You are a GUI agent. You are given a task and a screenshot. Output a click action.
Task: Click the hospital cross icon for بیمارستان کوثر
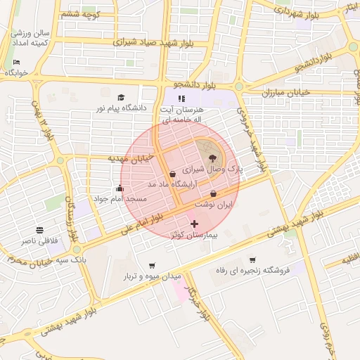tap(195, 223)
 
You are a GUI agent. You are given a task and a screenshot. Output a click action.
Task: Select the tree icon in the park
tap(213, 159)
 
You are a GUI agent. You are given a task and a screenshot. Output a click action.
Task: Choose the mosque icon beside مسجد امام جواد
tap(120, 188)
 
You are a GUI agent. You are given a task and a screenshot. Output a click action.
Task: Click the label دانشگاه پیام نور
tap(124, 108)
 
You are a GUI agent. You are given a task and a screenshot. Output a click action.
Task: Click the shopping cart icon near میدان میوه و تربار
tap(152, 265)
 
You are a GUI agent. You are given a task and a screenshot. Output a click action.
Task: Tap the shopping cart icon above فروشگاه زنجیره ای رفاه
tap(252, 259)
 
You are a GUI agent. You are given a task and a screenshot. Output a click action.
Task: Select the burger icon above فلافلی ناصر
tap(39, 230)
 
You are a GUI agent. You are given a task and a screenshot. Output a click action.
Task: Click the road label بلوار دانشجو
tap(191, 86)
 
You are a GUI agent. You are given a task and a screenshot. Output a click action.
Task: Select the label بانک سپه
tap(80, 260)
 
